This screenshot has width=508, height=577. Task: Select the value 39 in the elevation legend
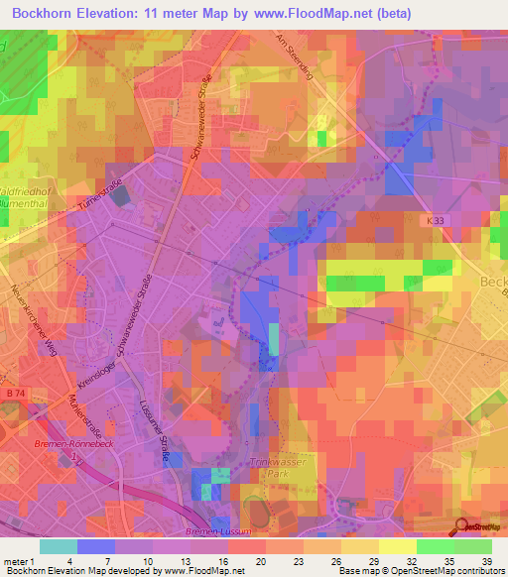point(486,562)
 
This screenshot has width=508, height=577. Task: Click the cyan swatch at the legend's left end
point(59,546)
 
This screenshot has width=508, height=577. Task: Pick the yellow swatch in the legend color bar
point(397,546)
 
